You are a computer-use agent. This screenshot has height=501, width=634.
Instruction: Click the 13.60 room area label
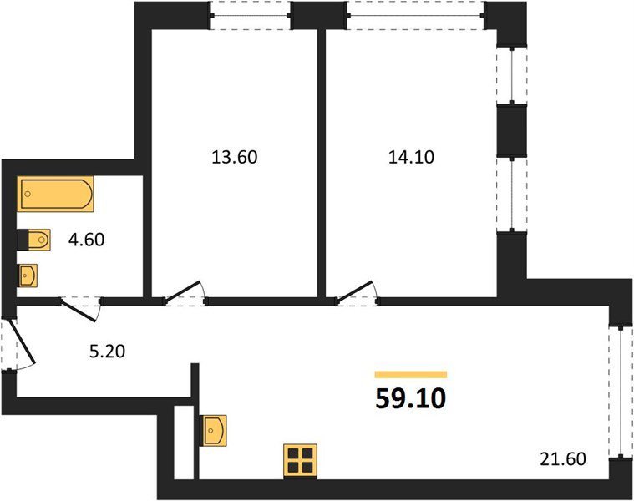pyautogui.click(x=235, y=157)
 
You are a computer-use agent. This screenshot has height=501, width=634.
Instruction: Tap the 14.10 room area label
pyautogui.click(x=411, y=157)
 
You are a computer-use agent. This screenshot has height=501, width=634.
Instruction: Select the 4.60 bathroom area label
pyautogui.click(x=87, y=240)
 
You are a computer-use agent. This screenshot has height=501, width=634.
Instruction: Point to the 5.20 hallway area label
pyautogui.click(x=107, y=352)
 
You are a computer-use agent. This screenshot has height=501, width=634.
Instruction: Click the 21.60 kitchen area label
pyautogui.click(x=563, y=459)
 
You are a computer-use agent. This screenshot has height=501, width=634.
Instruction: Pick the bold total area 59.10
pyautogui.click(x=411, y=399)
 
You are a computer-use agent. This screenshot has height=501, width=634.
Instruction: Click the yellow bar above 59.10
pyautogui.click(x=411, y=375)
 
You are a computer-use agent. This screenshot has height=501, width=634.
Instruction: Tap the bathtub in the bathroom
pyautogui.click(x=55, y=194)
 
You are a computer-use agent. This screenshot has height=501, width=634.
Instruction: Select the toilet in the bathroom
pyautogui.click(x=34, y=240)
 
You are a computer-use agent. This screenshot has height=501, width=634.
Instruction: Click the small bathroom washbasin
pyautogui.click(x=28, y=276)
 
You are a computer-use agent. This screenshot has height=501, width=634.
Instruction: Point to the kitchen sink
pyautogui.click(x=214, y=430)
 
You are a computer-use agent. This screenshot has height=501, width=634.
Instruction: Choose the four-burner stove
pyautogui.click(x=300, y=461)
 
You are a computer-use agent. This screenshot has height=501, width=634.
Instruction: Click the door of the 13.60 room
pyautogui.click(x=182, y=291)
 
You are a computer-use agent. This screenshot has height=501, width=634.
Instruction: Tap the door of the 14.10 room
pyautogui.click(x=354, y=291)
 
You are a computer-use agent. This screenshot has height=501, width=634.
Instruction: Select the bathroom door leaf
pyautogui.click(x=78, y=311)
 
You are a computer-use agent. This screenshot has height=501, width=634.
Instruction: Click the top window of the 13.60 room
pyautogui.click(x=251, y=16)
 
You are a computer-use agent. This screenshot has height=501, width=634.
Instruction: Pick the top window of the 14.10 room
pyautogui.click(x=416, y=16)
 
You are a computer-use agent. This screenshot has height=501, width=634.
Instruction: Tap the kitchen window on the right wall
pyautogui.click(x=621, y=392)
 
